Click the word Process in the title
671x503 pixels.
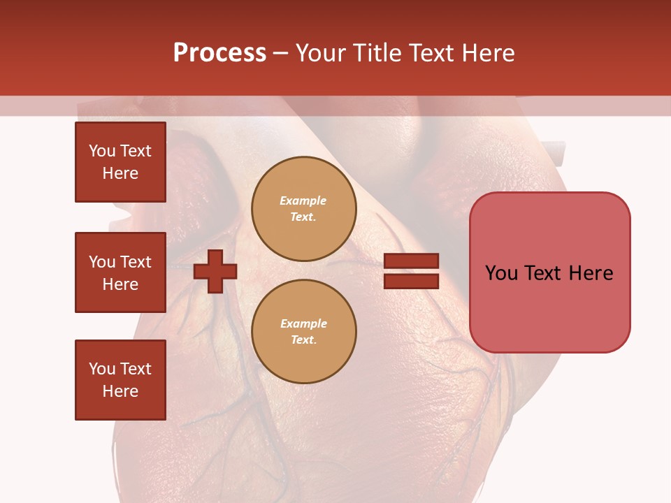pos(219,53)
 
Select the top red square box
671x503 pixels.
pos(120,162)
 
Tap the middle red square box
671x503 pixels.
pos(120,272)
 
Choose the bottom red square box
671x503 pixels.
pos(120,380)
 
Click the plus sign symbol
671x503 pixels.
pos(215,271)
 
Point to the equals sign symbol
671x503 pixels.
pos(412,271)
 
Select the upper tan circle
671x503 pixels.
pos(304,209)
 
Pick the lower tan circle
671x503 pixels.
pos(304,332)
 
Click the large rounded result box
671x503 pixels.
pos(549,272)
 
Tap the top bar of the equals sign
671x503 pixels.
pos(412,261)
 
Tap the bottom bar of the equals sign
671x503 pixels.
pos(412,281)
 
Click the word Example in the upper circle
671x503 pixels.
pos(303,201)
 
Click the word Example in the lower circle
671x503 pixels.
pos(303,323)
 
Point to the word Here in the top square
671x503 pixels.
pos(120,173)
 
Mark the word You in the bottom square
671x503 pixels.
pos(102,369)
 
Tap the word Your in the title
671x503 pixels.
pos(320,53)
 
